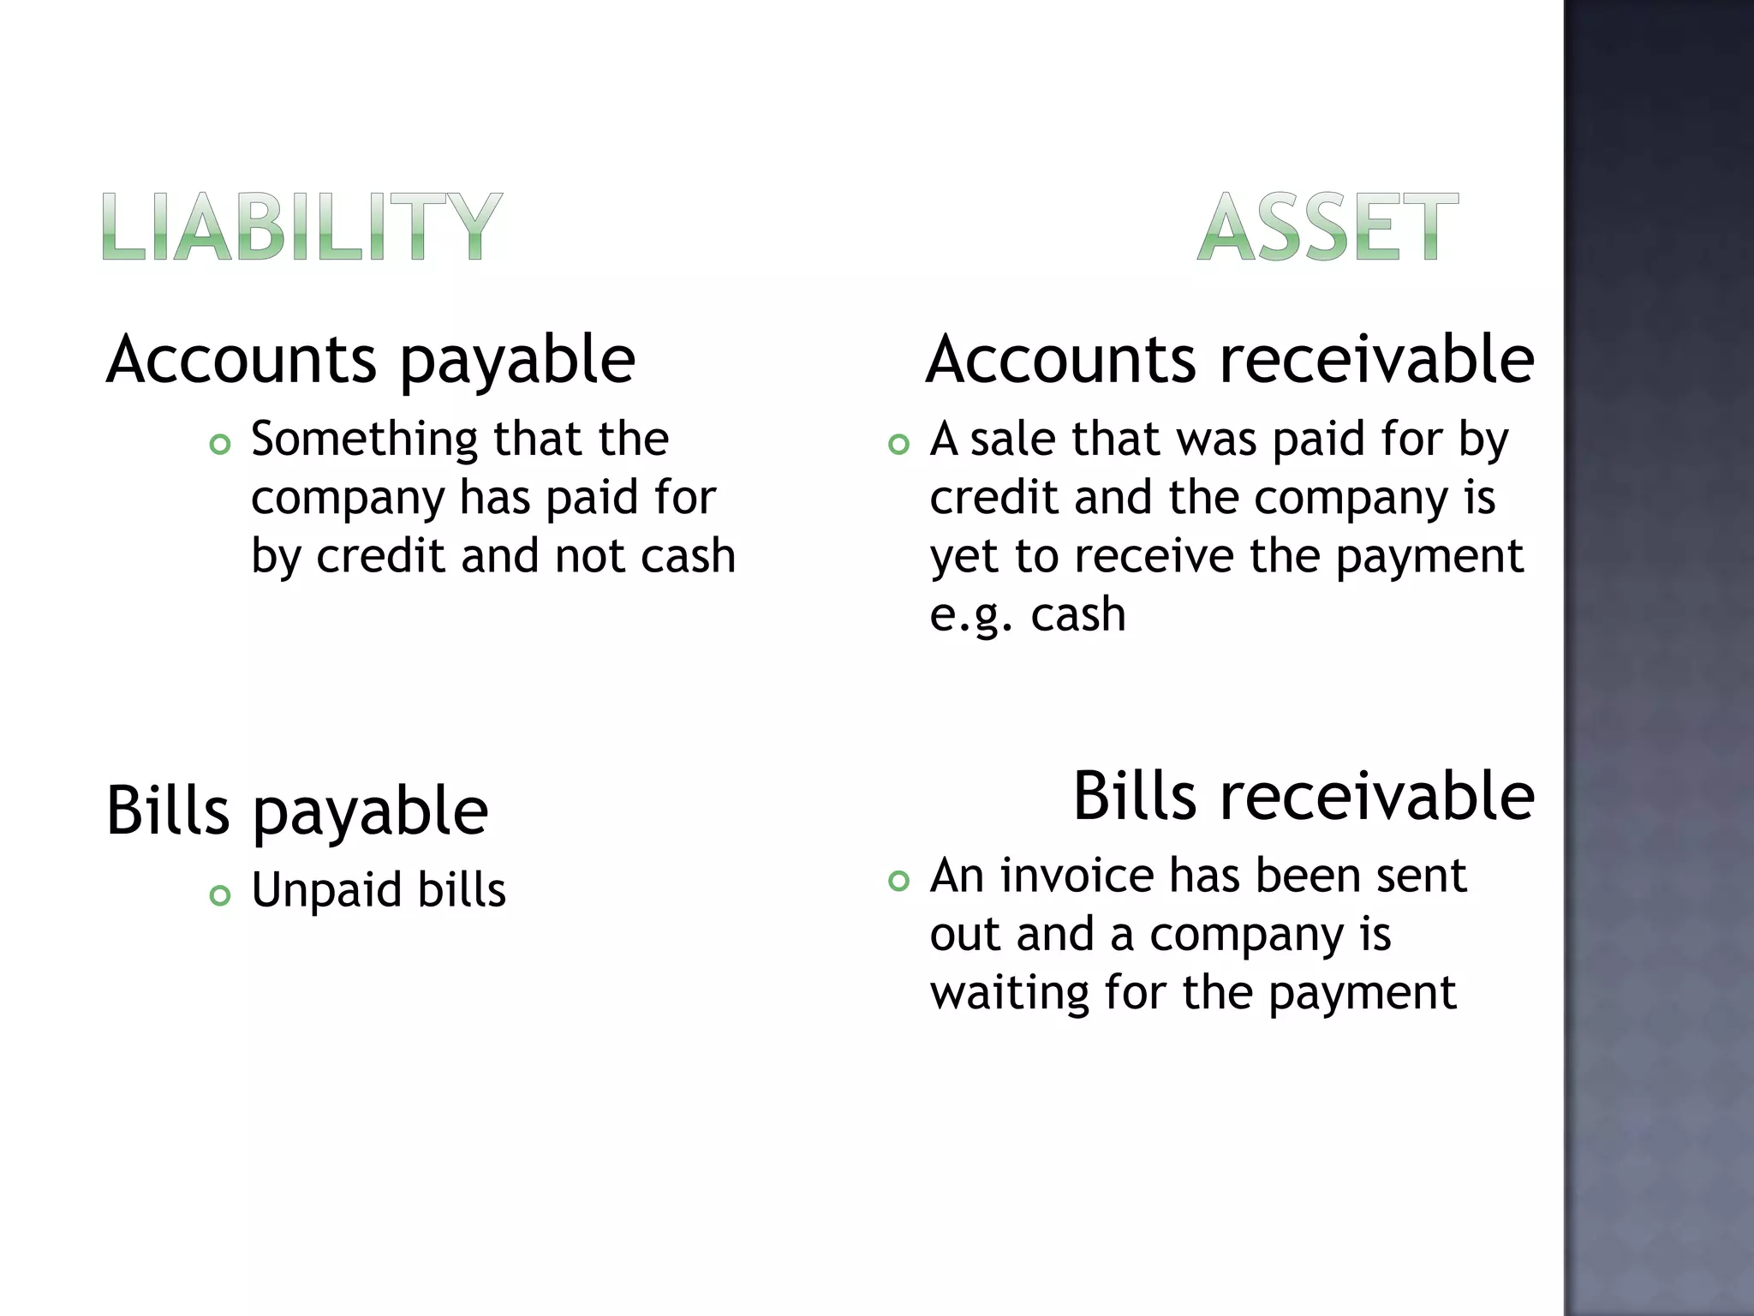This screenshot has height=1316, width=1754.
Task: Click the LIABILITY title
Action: click(x=301, y=226)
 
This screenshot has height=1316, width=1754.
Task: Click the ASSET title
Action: click(x=1327, y=226)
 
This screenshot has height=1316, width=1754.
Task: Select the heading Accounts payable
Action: click(x=371, y=360)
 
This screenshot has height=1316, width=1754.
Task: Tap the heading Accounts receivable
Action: click(x=1230, y=360)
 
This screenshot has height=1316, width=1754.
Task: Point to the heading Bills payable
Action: click(x=297, y=811)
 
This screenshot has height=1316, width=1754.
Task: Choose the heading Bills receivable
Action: click(x=1304, y=797)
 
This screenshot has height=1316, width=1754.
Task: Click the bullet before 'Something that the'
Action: click(x=220, y=445)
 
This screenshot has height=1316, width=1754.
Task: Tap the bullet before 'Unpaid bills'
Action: click(x=220, y=895)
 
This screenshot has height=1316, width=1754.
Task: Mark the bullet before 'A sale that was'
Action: click(x=898, y=445)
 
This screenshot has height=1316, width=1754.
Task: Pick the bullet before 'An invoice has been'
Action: click(x=898, y=881)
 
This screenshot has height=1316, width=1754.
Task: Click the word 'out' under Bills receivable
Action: click(x=964, y=935)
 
